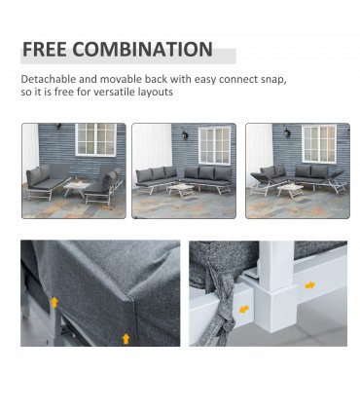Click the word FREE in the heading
tap(43, 50)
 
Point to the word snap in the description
tap(274, 79)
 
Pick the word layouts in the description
tap(155, 93)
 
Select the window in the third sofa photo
tap(318, 143)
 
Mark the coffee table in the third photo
tap(292, 188)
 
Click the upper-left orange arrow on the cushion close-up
tap(55, 303)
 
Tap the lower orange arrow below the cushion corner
tap(125, 338)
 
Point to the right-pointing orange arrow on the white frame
tap(309, 285)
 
